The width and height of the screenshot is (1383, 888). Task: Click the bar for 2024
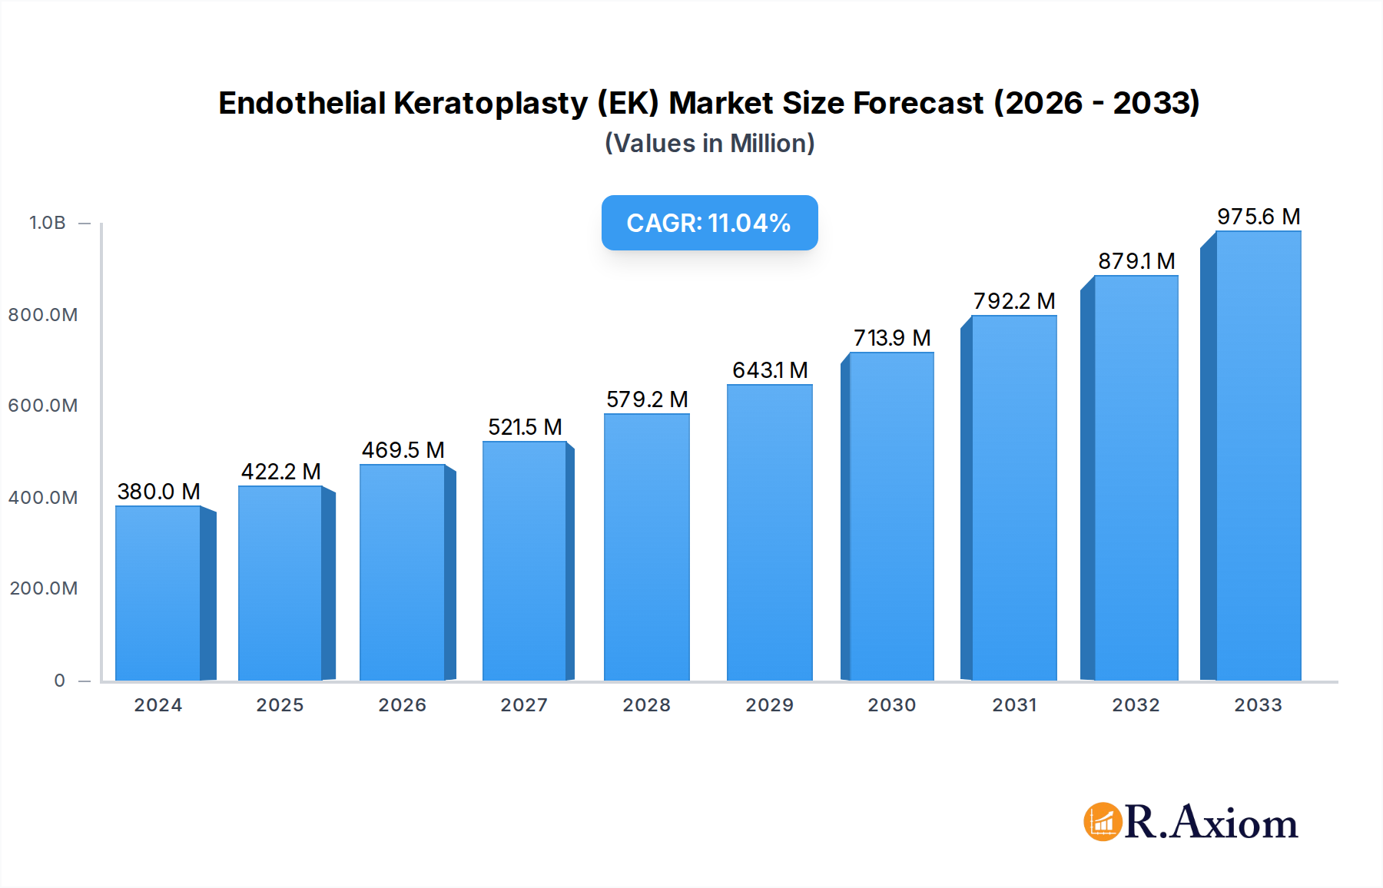pyautogui.click(x=158, y=593)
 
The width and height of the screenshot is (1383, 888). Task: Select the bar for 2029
pyautogui.click(x=769, y=532)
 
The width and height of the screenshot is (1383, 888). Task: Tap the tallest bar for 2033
pyautogui.click(x=1258, y=456)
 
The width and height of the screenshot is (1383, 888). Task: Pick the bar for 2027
pyautogui.click(x=524, y=561)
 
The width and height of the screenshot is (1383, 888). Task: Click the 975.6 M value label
pyautogui.click(x=1258, y=217)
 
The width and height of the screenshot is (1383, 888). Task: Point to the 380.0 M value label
pyautogui.click(x=158, y=492)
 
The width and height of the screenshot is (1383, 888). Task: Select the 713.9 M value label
pyautogui.click(x=891, y=338)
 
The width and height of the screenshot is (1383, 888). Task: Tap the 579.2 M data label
pyautogui.click(x=646, y=399)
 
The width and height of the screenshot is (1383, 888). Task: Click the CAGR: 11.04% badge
pyautogui.click(x=709, y=223)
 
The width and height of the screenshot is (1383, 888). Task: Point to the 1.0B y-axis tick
pyautogui.click(x=48, y=223)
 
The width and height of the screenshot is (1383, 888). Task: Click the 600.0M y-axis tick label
pyautogui.click(x=43, y=406)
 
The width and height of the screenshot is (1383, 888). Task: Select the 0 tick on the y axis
pyautogui.click(x=59, y=681)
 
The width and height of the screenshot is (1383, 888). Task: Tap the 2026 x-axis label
pyautogui.click(x=402, y=705)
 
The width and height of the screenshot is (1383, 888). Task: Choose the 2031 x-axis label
pyautogui.click(x=1014, y=705)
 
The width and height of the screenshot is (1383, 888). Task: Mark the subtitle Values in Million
pyautogui.click(x=709, y=144)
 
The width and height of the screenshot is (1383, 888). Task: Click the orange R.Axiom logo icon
pyautogui.click(x=1103, y=822)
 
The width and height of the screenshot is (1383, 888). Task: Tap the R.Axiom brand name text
pyautogui.click(x=1211, y=823)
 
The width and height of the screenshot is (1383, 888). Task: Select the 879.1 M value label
pyautogui.click(x=1136, y=261)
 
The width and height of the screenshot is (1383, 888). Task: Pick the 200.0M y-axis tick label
pyautogui.click(x=43, y=588)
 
